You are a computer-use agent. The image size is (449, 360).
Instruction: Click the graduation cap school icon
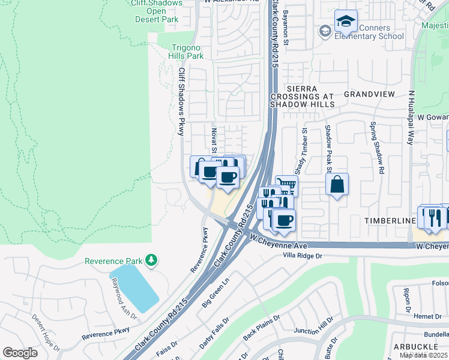pyautogui.click(x=346, y=22)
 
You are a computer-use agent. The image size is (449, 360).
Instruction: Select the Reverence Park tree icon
pyautogui.click(x=152, y=260)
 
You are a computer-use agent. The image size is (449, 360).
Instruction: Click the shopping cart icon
pyautogui.click(x=286, y=185)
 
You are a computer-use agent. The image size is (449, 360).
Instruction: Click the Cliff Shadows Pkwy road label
pyautogui.click(x=182, y=101)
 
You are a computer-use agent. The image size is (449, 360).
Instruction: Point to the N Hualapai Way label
pyautogui.click(x=411, y=118)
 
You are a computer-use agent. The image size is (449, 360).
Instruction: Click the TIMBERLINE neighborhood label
pyautogui.click(x=390, y=221)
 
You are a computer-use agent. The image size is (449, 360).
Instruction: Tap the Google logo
pyautogui.click(x=20, y=353)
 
